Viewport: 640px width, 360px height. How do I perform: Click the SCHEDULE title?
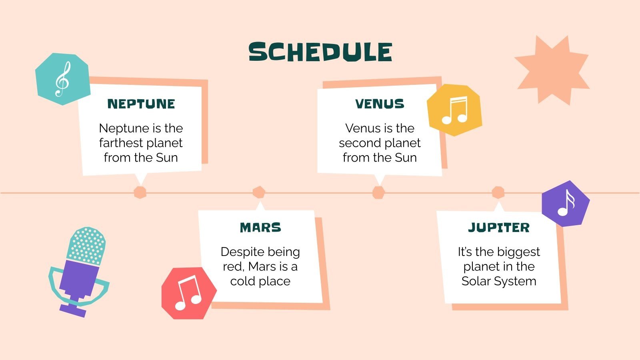pos(320,52)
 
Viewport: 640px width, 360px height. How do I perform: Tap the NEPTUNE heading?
pos(141,104)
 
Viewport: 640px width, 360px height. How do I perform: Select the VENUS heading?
pos(380,104)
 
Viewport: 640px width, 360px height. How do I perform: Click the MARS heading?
pos(260,228)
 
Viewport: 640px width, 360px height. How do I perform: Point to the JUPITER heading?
pos(499,228)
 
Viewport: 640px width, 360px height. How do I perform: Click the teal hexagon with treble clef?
pos(62,79)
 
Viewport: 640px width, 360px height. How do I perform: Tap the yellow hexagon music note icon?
pos(454,110)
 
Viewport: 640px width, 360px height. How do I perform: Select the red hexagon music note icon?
pos(188,293)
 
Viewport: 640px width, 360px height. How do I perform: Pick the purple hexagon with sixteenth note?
pos(566,203)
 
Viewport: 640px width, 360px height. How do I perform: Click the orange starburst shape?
pos(552,70)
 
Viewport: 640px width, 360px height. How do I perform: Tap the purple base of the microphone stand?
pos(73,309)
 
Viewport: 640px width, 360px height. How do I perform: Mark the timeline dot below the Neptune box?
pos(140,192)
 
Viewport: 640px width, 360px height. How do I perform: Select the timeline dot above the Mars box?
pos(259,192)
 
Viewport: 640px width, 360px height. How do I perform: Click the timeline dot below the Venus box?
pos(378,192)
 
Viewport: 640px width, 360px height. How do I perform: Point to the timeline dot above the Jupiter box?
pos(498,192)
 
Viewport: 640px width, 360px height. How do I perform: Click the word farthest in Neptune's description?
pos(119,143)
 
